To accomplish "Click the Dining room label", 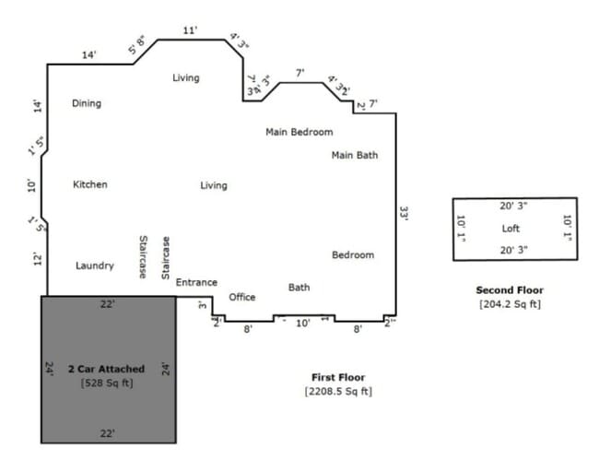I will point(87,104).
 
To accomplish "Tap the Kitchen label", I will point(90,185).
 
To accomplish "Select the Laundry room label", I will point(95,266).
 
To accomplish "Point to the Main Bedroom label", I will point(299,133).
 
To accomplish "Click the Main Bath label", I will point(355,156).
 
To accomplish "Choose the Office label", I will point(242,298).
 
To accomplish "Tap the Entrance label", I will point(196,283).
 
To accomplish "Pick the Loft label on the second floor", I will point(511,229).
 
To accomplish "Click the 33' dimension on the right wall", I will point(404,213).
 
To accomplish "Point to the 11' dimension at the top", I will point(190,30).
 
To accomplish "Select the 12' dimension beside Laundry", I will point(38,259).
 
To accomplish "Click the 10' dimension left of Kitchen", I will point(32,185).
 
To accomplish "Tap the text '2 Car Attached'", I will point(106,370).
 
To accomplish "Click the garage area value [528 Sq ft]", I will point(106,383).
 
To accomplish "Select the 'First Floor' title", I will point(339,378).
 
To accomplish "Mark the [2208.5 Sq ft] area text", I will point(338,392).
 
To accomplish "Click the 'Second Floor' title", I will point(510,290).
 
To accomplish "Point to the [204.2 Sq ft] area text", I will point(510,303).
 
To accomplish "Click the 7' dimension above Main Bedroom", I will point(299,73).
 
